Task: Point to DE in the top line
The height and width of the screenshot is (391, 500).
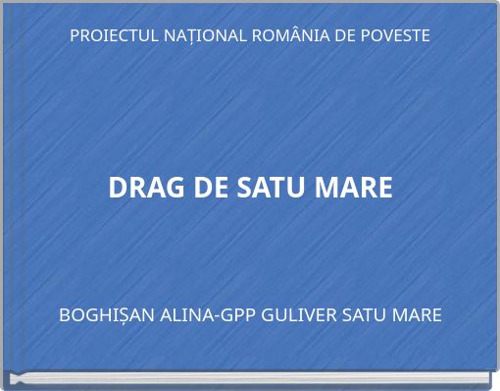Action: (342, 36)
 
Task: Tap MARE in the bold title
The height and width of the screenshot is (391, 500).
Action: (353, 187)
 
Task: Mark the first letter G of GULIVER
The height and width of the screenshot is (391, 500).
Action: (265, 315)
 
